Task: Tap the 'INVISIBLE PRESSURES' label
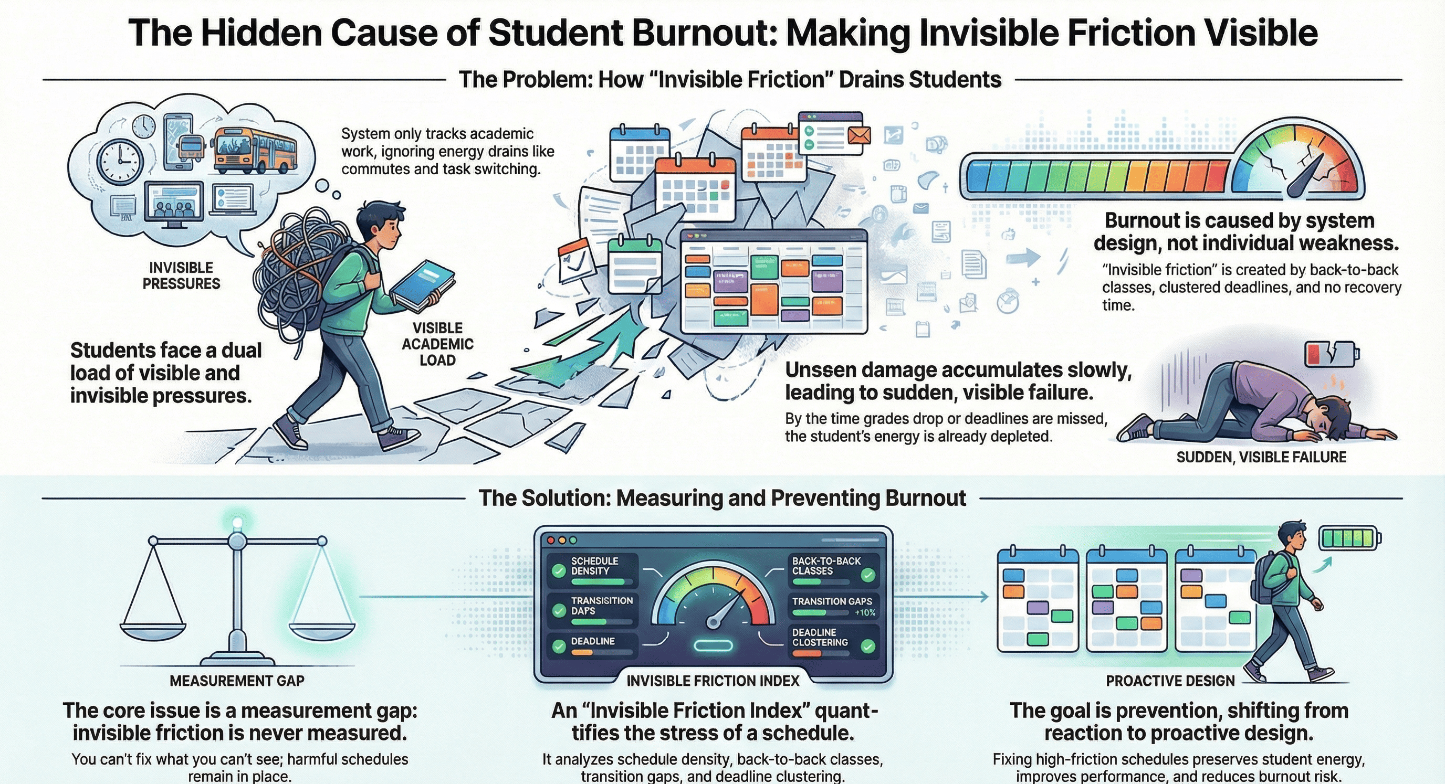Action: [181, 276]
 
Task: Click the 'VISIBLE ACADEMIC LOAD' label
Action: [437, 344]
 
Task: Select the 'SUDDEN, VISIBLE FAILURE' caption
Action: [1261, 458]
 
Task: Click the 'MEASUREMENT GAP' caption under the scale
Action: [237, 681]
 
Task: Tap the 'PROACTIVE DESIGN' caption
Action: [1170, 681]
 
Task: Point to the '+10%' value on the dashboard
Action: [864, 613]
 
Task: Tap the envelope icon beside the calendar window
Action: [859, 135]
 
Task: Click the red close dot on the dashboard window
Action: [550, 540]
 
